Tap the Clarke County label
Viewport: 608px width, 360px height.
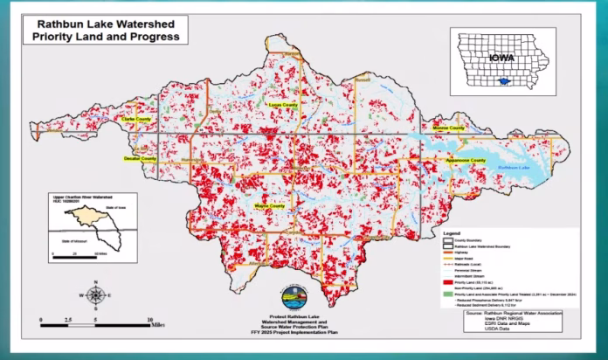[x=138, y=119]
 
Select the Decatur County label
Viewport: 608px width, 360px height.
[x=138, y=160]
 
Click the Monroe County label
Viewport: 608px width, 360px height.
[x=449, y=128]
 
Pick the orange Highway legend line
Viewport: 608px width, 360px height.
[x=453, y=253]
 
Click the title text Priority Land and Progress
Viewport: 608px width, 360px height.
[x=107, y=38]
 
